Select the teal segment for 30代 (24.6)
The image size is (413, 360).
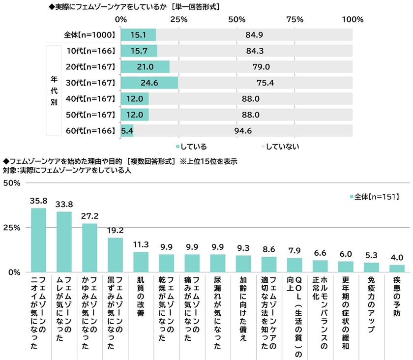click(149, 83)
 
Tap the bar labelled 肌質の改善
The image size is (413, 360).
click(142, 262)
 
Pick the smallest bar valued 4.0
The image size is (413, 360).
click(397, 269)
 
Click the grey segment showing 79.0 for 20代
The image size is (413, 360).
click(261, 67)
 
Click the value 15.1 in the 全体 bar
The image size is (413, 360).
click(138, 35)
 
